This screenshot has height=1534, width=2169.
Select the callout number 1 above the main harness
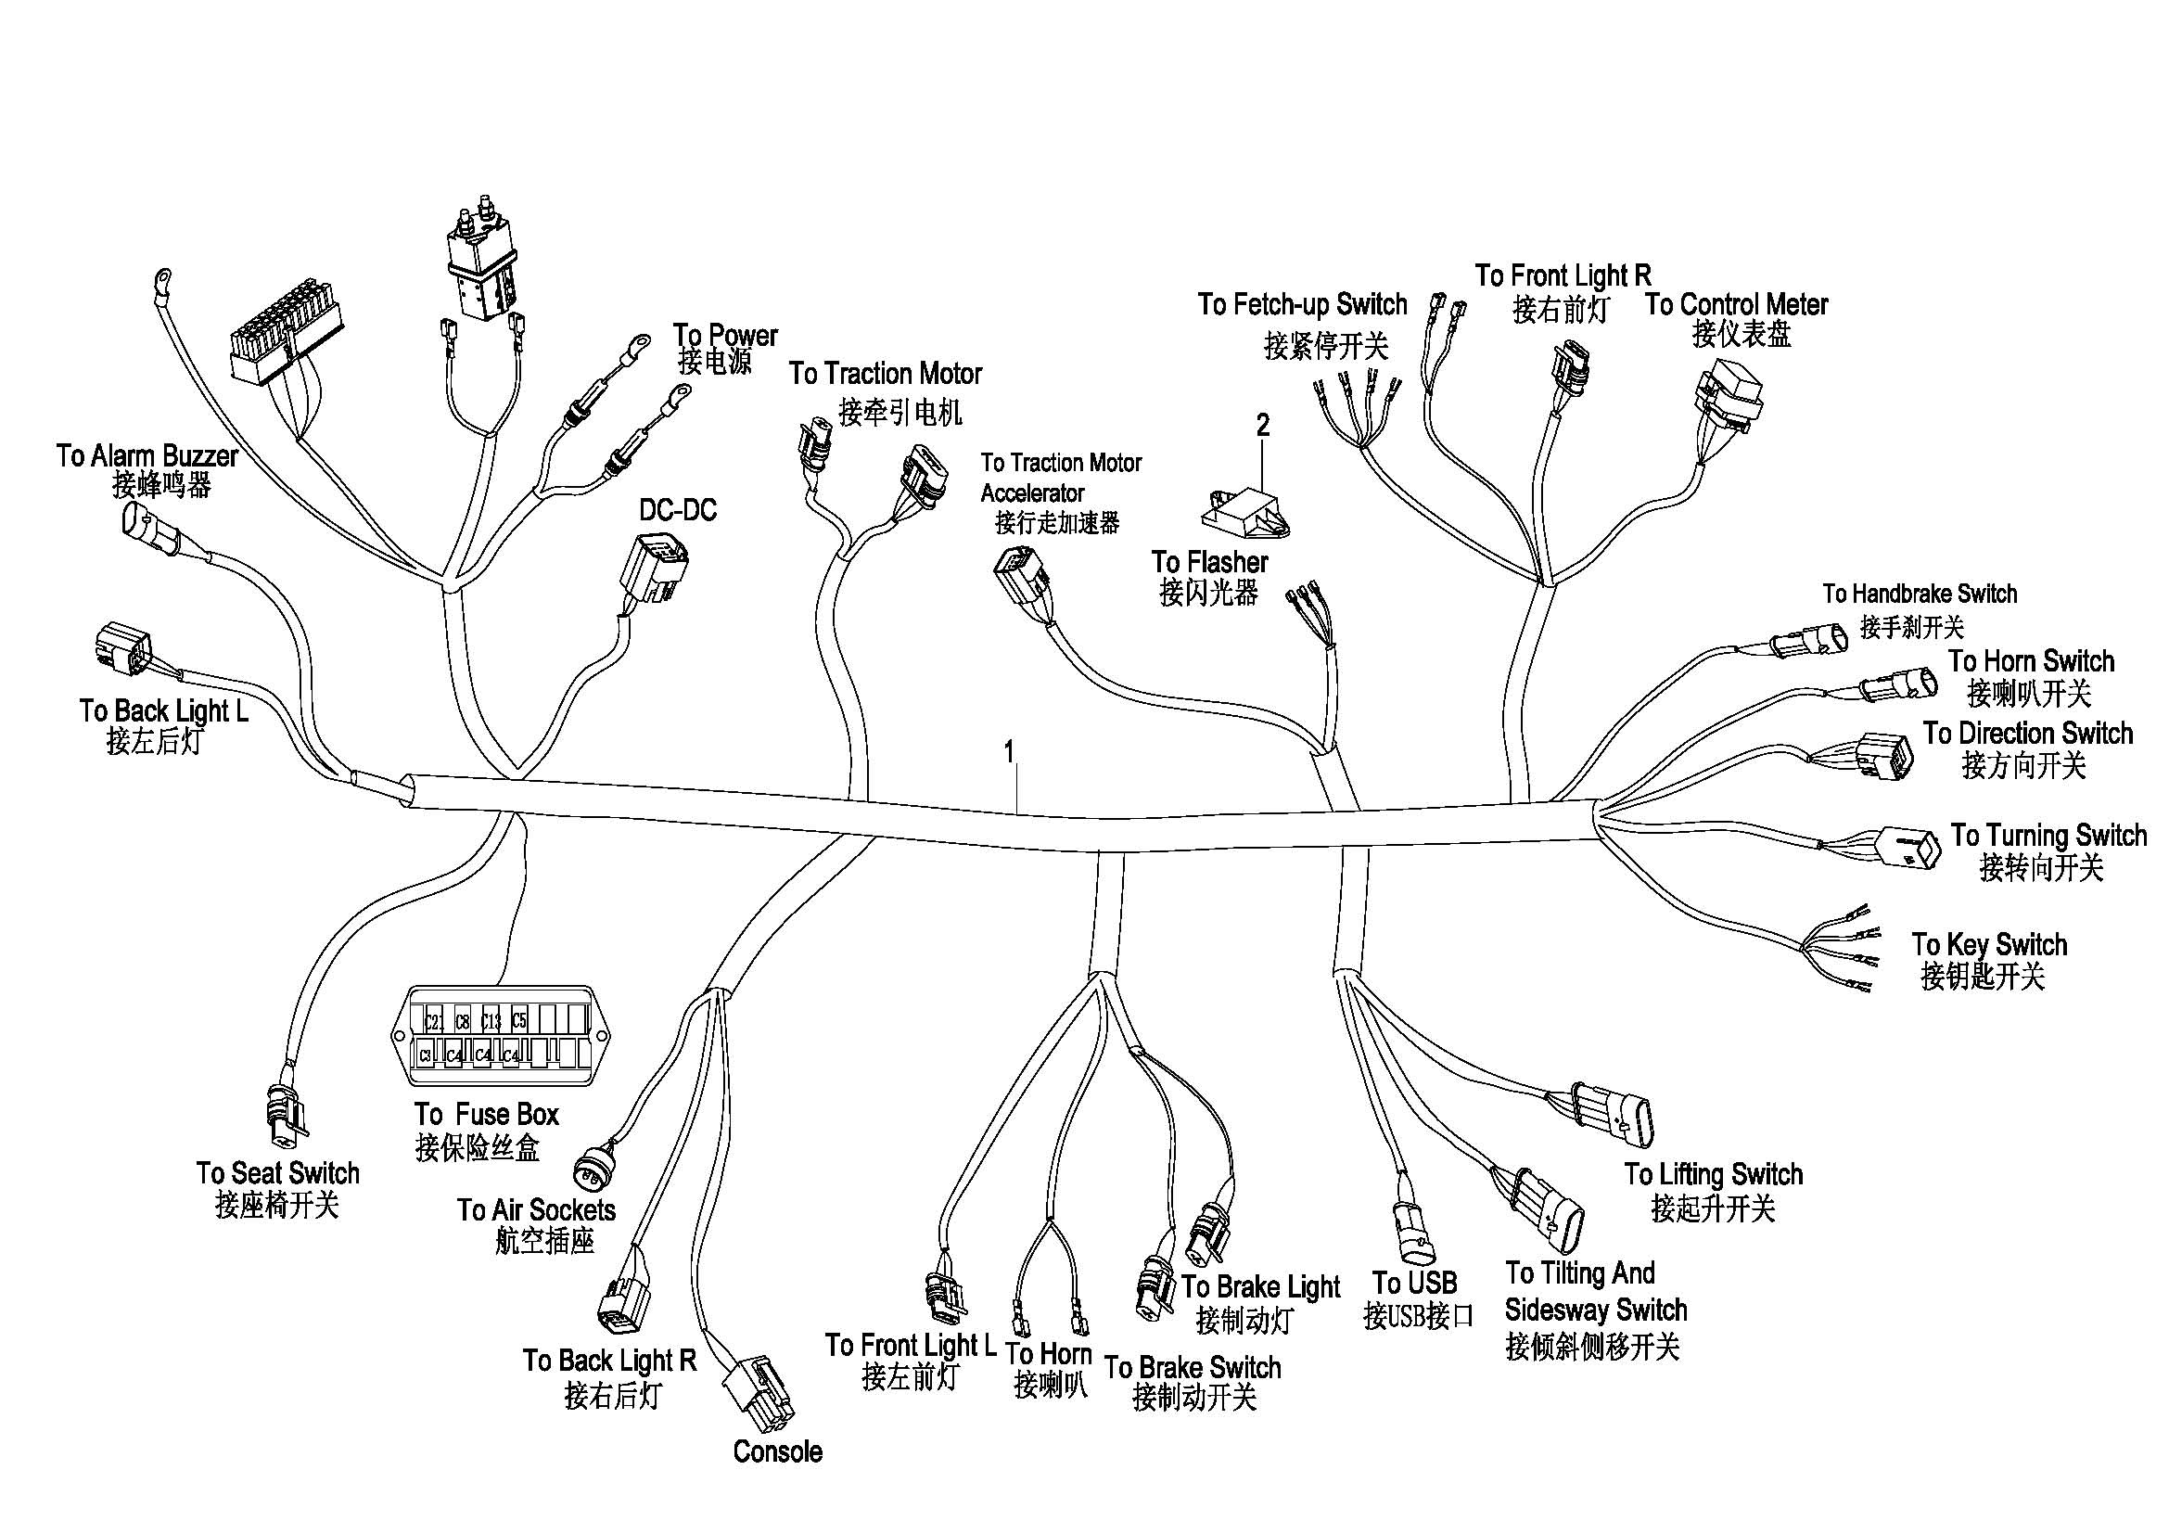pyautogui.click(x=1009, y=752)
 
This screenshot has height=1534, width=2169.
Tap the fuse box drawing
pyautogui.click(x=501, y=1036)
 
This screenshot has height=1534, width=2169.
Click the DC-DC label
pyautogui.click(x=677, y=511)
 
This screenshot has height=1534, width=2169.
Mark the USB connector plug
pyautogui.click(x=1414, y=1233)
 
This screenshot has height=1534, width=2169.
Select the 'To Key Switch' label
pyautogui.click(x=1988, y=944)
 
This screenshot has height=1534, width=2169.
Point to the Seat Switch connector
pyautogui.click(x=287, y=1113)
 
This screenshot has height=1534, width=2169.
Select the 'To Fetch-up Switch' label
pyautogui.click(x=1302, y=305)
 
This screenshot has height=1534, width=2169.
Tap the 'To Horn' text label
pyautogui.click(x=1048, y=1353)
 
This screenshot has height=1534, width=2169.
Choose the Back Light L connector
pyautogui.click(x=123, y=647)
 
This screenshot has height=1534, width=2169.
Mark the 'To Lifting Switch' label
pyautogui.click(x=1713, y=1174)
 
